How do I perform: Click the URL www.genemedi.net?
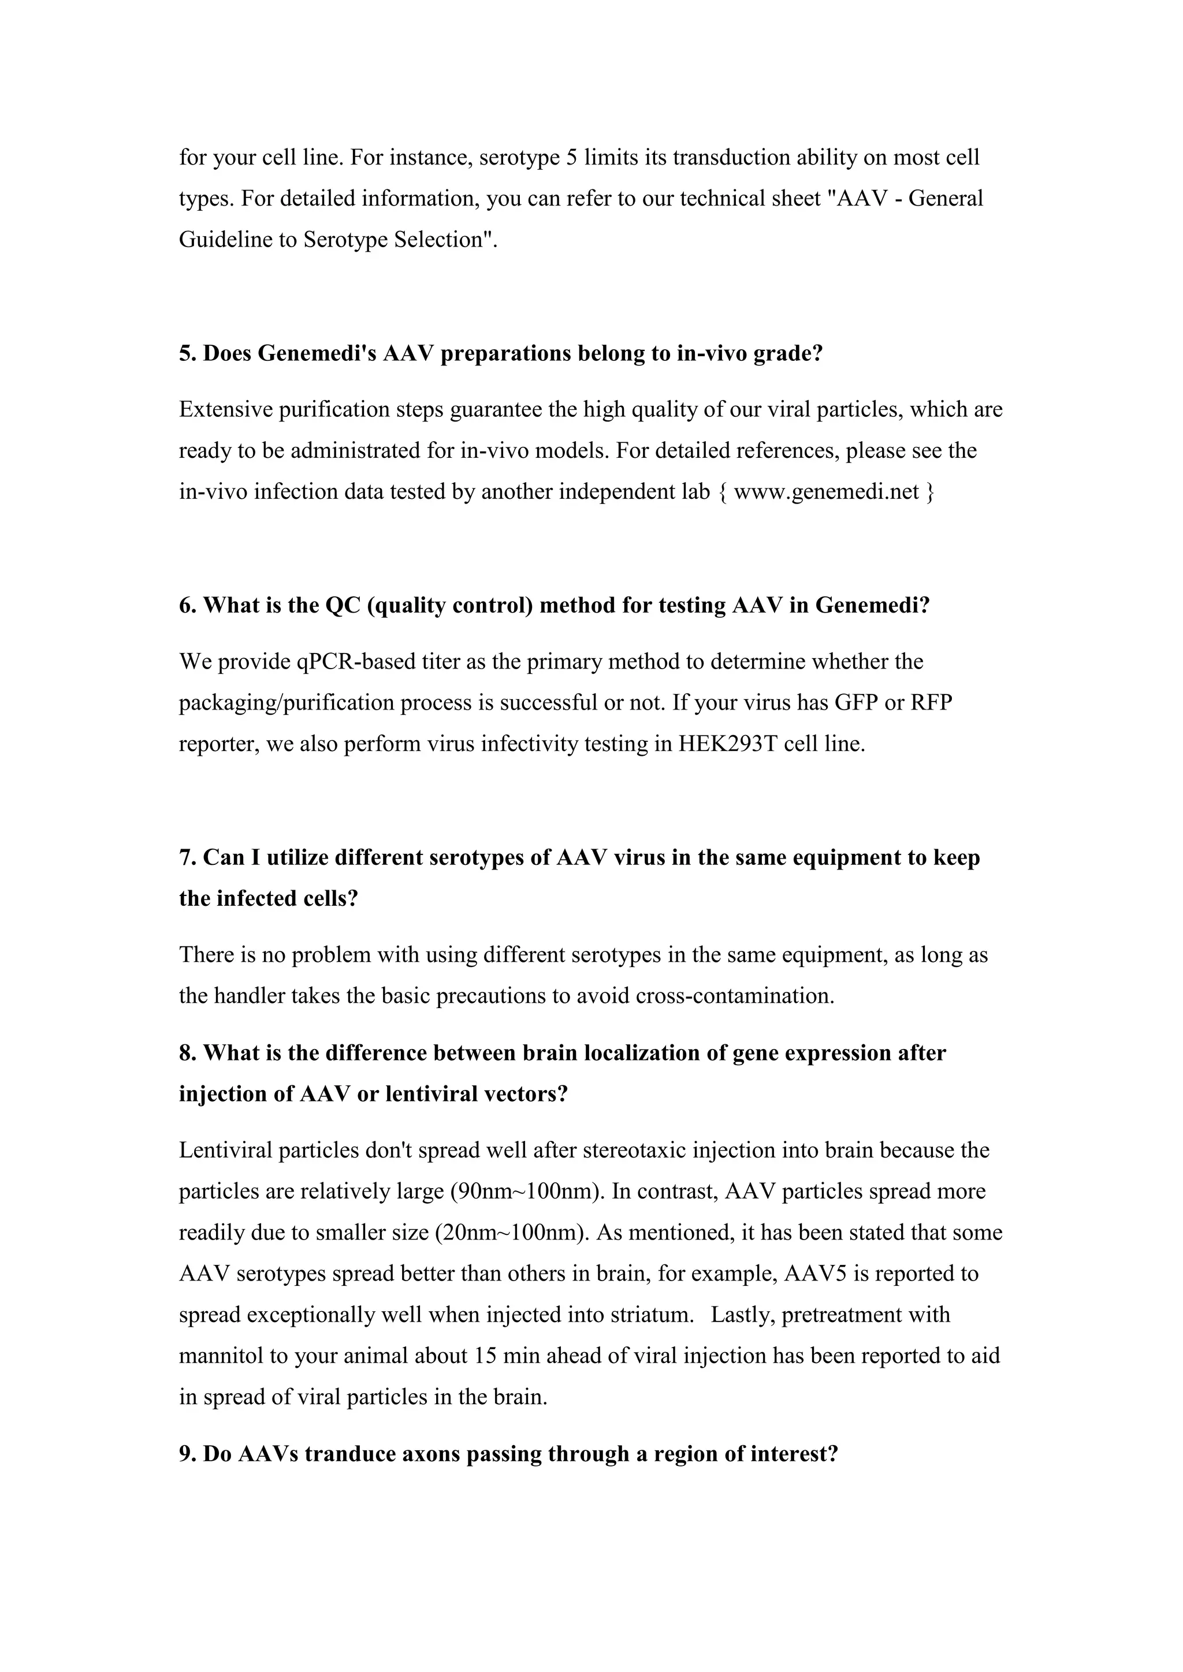click(827, 492)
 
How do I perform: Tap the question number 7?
click(186, 858)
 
